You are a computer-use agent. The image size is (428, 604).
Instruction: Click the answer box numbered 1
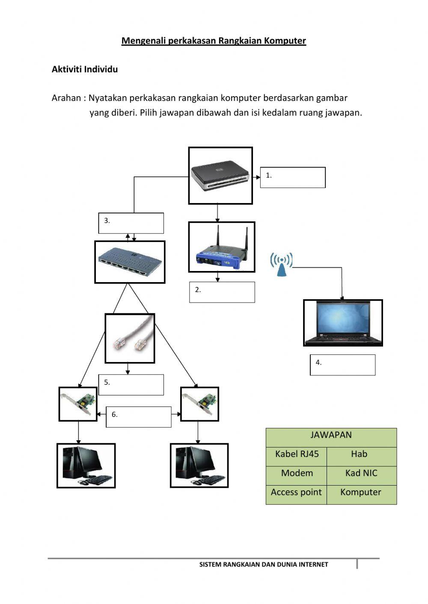[293, 177]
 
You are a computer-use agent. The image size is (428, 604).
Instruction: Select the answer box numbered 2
[222, 292]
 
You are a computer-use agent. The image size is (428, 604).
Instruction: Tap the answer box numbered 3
[131, 223]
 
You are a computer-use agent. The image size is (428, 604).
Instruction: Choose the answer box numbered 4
[343, 365]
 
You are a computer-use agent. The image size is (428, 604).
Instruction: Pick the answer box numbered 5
[131, 385]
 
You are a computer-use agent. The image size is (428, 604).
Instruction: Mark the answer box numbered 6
[139, 417]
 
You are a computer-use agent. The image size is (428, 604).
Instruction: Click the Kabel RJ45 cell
[297, 454]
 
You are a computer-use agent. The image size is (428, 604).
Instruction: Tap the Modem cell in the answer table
[297, 473]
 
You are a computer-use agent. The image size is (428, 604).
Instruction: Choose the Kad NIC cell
[361, 473]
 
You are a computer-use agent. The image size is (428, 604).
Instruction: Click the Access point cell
[296, 492]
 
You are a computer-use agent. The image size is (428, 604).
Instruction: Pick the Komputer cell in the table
[361, 492]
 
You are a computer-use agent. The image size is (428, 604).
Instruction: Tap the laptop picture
[343, 323]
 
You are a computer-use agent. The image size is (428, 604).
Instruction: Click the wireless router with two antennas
[222, 247]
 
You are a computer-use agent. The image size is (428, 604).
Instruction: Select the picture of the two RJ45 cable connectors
[130, 338]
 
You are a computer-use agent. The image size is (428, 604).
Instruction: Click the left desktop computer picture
[86, 466]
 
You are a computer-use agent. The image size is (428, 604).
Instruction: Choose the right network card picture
[199, 404]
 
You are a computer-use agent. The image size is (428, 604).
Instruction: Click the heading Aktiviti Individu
[85, 69]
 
